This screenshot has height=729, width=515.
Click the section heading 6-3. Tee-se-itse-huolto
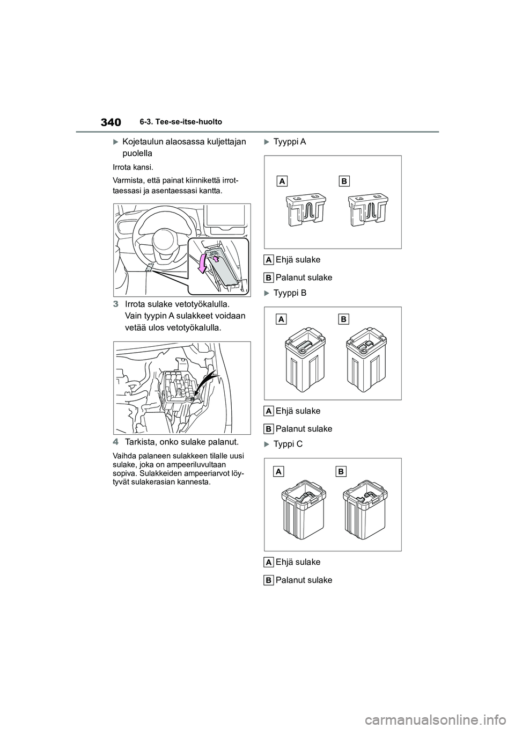181,122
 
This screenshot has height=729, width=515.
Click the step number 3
116,304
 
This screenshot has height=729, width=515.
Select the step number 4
116,442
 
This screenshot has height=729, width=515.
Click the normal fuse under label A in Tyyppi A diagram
306,210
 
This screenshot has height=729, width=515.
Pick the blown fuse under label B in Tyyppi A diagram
368,210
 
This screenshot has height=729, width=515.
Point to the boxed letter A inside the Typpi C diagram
279,471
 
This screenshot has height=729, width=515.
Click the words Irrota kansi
133,167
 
